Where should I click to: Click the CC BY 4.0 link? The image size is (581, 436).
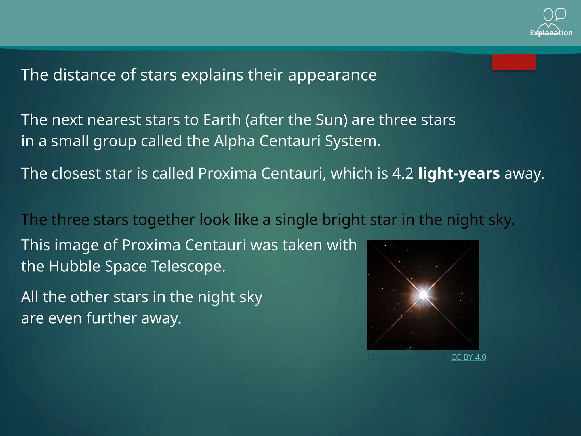click(x=468, y=357)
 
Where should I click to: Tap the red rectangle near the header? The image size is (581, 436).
click(x=513, y=62)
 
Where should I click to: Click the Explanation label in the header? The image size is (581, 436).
click(x=551, y=33)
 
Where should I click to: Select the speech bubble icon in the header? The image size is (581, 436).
click(x=561, y=14)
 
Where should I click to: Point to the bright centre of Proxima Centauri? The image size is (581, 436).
click(x=423, y=295)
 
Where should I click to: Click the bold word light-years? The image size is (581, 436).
click(x=459, y=173)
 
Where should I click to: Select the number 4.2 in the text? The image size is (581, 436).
click(x=403, y=173)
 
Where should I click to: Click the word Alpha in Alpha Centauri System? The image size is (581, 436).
click(x=234, y=141)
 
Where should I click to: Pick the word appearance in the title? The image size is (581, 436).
click(x=332, y=75)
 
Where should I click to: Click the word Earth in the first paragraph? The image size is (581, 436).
click(x=222, y=120)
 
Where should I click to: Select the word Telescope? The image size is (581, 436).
click(x=188, y=266)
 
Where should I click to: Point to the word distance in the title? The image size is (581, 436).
click(x=85, y=75)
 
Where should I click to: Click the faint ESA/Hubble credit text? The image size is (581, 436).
click(x=388, y=357)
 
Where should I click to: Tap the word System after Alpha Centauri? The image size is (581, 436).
click(x=352, y=141)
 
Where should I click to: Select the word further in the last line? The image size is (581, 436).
click(x=111, y=318)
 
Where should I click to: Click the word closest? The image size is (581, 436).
click(x=76, y=173)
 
